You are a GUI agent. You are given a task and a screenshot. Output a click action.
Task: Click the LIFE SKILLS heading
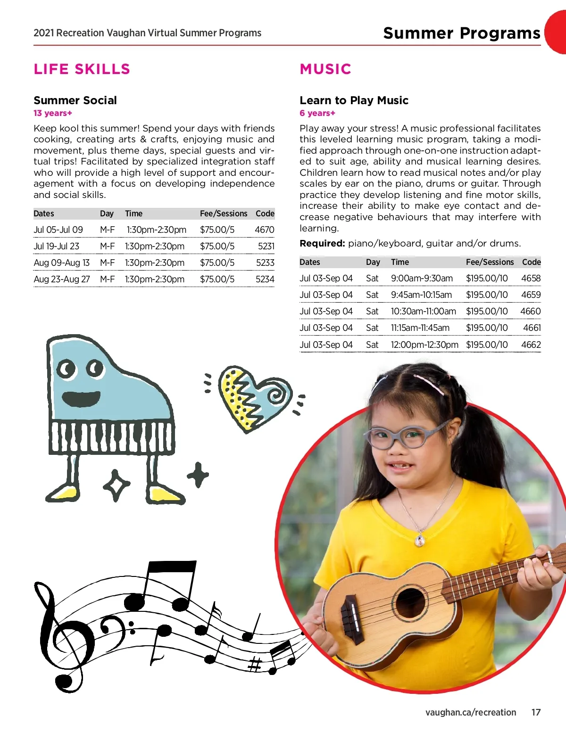[82, 69]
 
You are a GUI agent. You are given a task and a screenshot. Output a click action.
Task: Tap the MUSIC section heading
[325, 69]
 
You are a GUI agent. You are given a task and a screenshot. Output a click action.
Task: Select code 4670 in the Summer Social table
[264, 230]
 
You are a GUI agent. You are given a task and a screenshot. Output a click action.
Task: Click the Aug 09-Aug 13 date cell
[61, 263]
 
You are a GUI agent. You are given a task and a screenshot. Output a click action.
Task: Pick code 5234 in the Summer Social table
[265, 279]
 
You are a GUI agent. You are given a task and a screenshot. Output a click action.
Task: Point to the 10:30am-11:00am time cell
[423, 312]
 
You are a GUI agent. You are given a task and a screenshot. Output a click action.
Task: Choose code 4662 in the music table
[531, 345]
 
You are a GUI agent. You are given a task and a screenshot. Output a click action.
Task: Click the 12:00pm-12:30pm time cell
[424, 345]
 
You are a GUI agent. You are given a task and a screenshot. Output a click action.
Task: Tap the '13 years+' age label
[53, 113]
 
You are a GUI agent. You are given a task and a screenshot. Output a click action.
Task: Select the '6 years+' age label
[317, 113]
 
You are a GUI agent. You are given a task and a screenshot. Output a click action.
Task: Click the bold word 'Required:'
[323, 243]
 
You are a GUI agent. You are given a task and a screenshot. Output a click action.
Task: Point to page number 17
[536, 712]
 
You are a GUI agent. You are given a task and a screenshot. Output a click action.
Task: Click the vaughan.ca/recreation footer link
[470, 712]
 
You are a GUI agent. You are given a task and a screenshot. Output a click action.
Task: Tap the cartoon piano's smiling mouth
[81, 399]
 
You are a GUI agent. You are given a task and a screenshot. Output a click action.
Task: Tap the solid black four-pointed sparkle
[198, 475]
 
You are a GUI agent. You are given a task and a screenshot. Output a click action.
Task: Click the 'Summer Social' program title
[75, 100]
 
